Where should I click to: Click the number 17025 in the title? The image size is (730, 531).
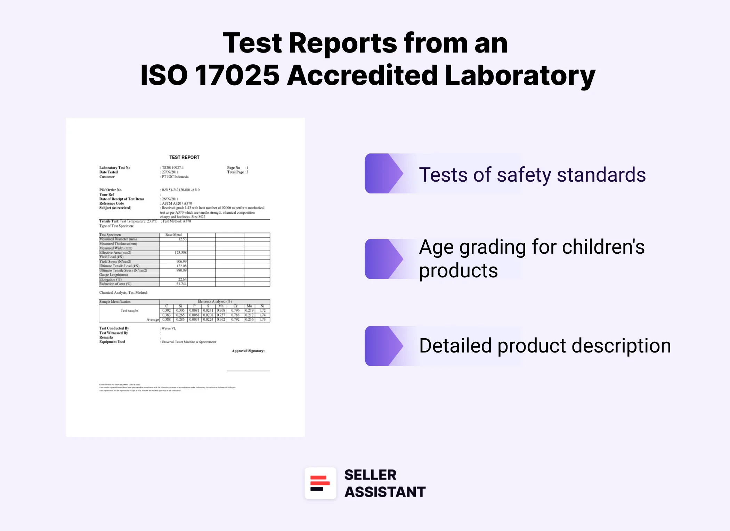[x=237, y=75]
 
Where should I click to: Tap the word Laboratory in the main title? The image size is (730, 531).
[x=520, y=75]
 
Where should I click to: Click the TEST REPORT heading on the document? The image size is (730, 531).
[x=184, y=157]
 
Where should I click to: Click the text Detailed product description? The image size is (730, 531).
[x=545, y=346]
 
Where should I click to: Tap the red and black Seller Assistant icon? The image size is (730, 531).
[x=320, y=483]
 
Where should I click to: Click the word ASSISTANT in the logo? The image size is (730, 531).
[x=385, y=492]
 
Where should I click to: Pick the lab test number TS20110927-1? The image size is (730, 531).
[x=173, y=168]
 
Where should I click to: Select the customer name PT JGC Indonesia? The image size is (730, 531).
[x=175, y=177]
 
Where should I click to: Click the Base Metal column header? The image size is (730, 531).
[x=173, y=235]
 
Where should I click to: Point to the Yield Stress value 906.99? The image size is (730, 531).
[x=181, y=262]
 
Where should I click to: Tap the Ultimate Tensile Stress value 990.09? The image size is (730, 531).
[x=181, y=270]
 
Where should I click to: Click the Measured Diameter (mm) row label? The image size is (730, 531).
[x=118, y=239]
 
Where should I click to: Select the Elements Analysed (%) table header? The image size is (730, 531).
[x=214, y=301]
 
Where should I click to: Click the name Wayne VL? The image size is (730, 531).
[x=169, y=328]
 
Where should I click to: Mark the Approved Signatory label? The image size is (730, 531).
[x=248, y=351]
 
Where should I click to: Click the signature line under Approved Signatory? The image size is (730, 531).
[x=248, y=371]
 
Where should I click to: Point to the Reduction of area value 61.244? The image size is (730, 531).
[x=181, y=284]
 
